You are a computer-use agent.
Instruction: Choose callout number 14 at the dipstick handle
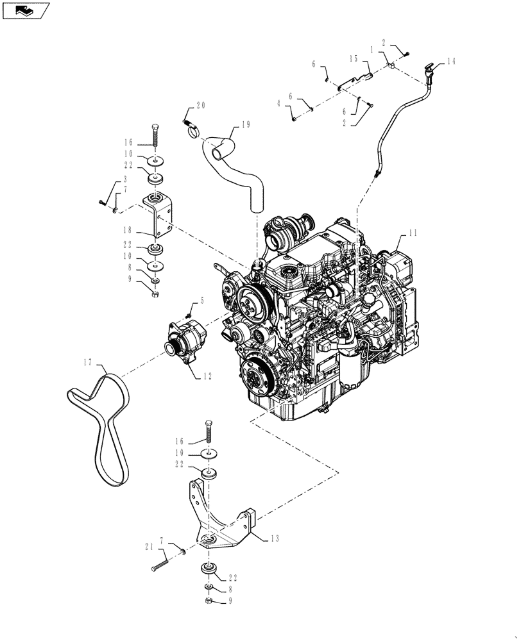pyautogui.click(x=451, y=62)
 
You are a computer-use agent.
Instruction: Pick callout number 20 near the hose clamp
pyautogui.click(x=201, y=106)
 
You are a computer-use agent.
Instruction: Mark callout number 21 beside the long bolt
pyautogui.click(x=149, y=546)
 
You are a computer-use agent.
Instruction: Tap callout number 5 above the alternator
pyautogui.click(x=202, y=299)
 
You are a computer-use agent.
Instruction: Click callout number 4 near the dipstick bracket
pyautogui.click(x=279, y=103)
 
